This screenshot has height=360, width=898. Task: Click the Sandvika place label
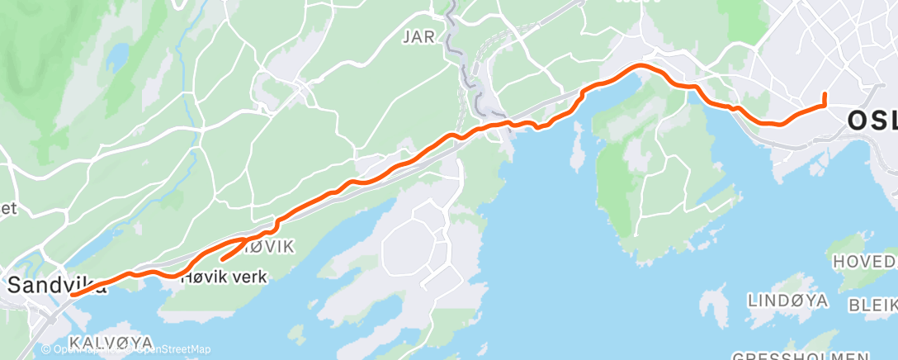tap(57, 287)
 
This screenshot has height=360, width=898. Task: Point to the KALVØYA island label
tap(111, 342)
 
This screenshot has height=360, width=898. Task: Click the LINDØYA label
tap(788, 301)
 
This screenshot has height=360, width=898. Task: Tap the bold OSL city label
tap(872, 121)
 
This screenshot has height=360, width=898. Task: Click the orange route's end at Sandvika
tap(73, 294)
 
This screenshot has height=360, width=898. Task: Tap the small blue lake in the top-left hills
tap(117, 55)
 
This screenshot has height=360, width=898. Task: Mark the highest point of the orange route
tap(640, 65)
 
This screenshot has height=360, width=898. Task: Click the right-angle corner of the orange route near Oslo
tap(824, 106)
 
